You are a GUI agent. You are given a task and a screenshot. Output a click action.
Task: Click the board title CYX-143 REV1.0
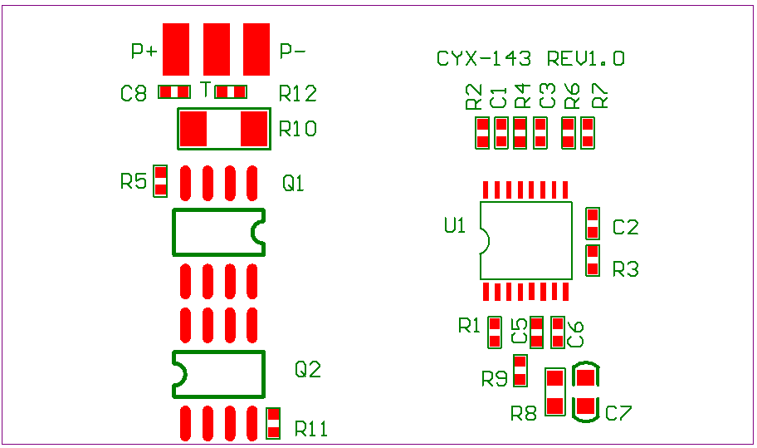coord(530,59)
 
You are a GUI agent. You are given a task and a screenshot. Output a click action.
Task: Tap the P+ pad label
coord(144,52)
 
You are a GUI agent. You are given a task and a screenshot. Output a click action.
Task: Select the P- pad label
coord(292,52)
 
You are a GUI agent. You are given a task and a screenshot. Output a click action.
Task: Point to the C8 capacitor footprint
coord(174,91)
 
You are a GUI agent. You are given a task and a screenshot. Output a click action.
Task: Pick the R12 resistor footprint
coord(231,91)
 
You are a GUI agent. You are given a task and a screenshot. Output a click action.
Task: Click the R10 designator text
coord(297,130)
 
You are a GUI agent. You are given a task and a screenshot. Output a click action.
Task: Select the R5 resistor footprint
coord(160,181)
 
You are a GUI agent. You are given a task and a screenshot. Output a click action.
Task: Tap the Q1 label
coord(294,183)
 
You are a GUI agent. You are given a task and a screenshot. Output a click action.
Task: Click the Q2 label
coord(308,370)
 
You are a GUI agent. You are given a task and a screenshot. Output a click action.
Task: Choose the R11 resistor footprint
coord(273,423)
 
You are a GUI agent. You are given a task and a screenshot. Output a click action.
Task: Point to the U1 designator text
coord(455,225)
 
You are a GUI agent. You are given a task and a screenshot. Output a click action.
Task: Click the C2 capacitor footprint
coord(593,224)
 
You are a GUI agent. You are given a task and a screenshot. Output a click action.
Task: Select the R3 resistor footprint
coord(593,260)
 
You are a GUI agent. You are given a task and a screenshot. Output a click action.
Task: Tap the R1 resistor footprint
coord(495,332)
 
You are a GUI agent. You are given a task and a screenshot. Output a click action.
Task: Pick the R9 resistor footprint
coord(520,371)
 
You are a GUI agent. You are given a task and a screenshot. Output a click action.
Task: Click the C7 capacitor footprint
coord(586,392)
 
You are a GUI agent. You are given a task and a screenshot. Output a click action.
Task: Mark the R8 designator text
coord(523,412)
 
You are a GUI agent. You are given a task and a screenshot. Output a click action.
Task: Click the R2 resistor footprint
coord(481,133)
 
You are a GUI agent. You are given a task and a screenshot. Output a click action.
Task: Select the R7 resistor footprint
coord(588,133)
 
